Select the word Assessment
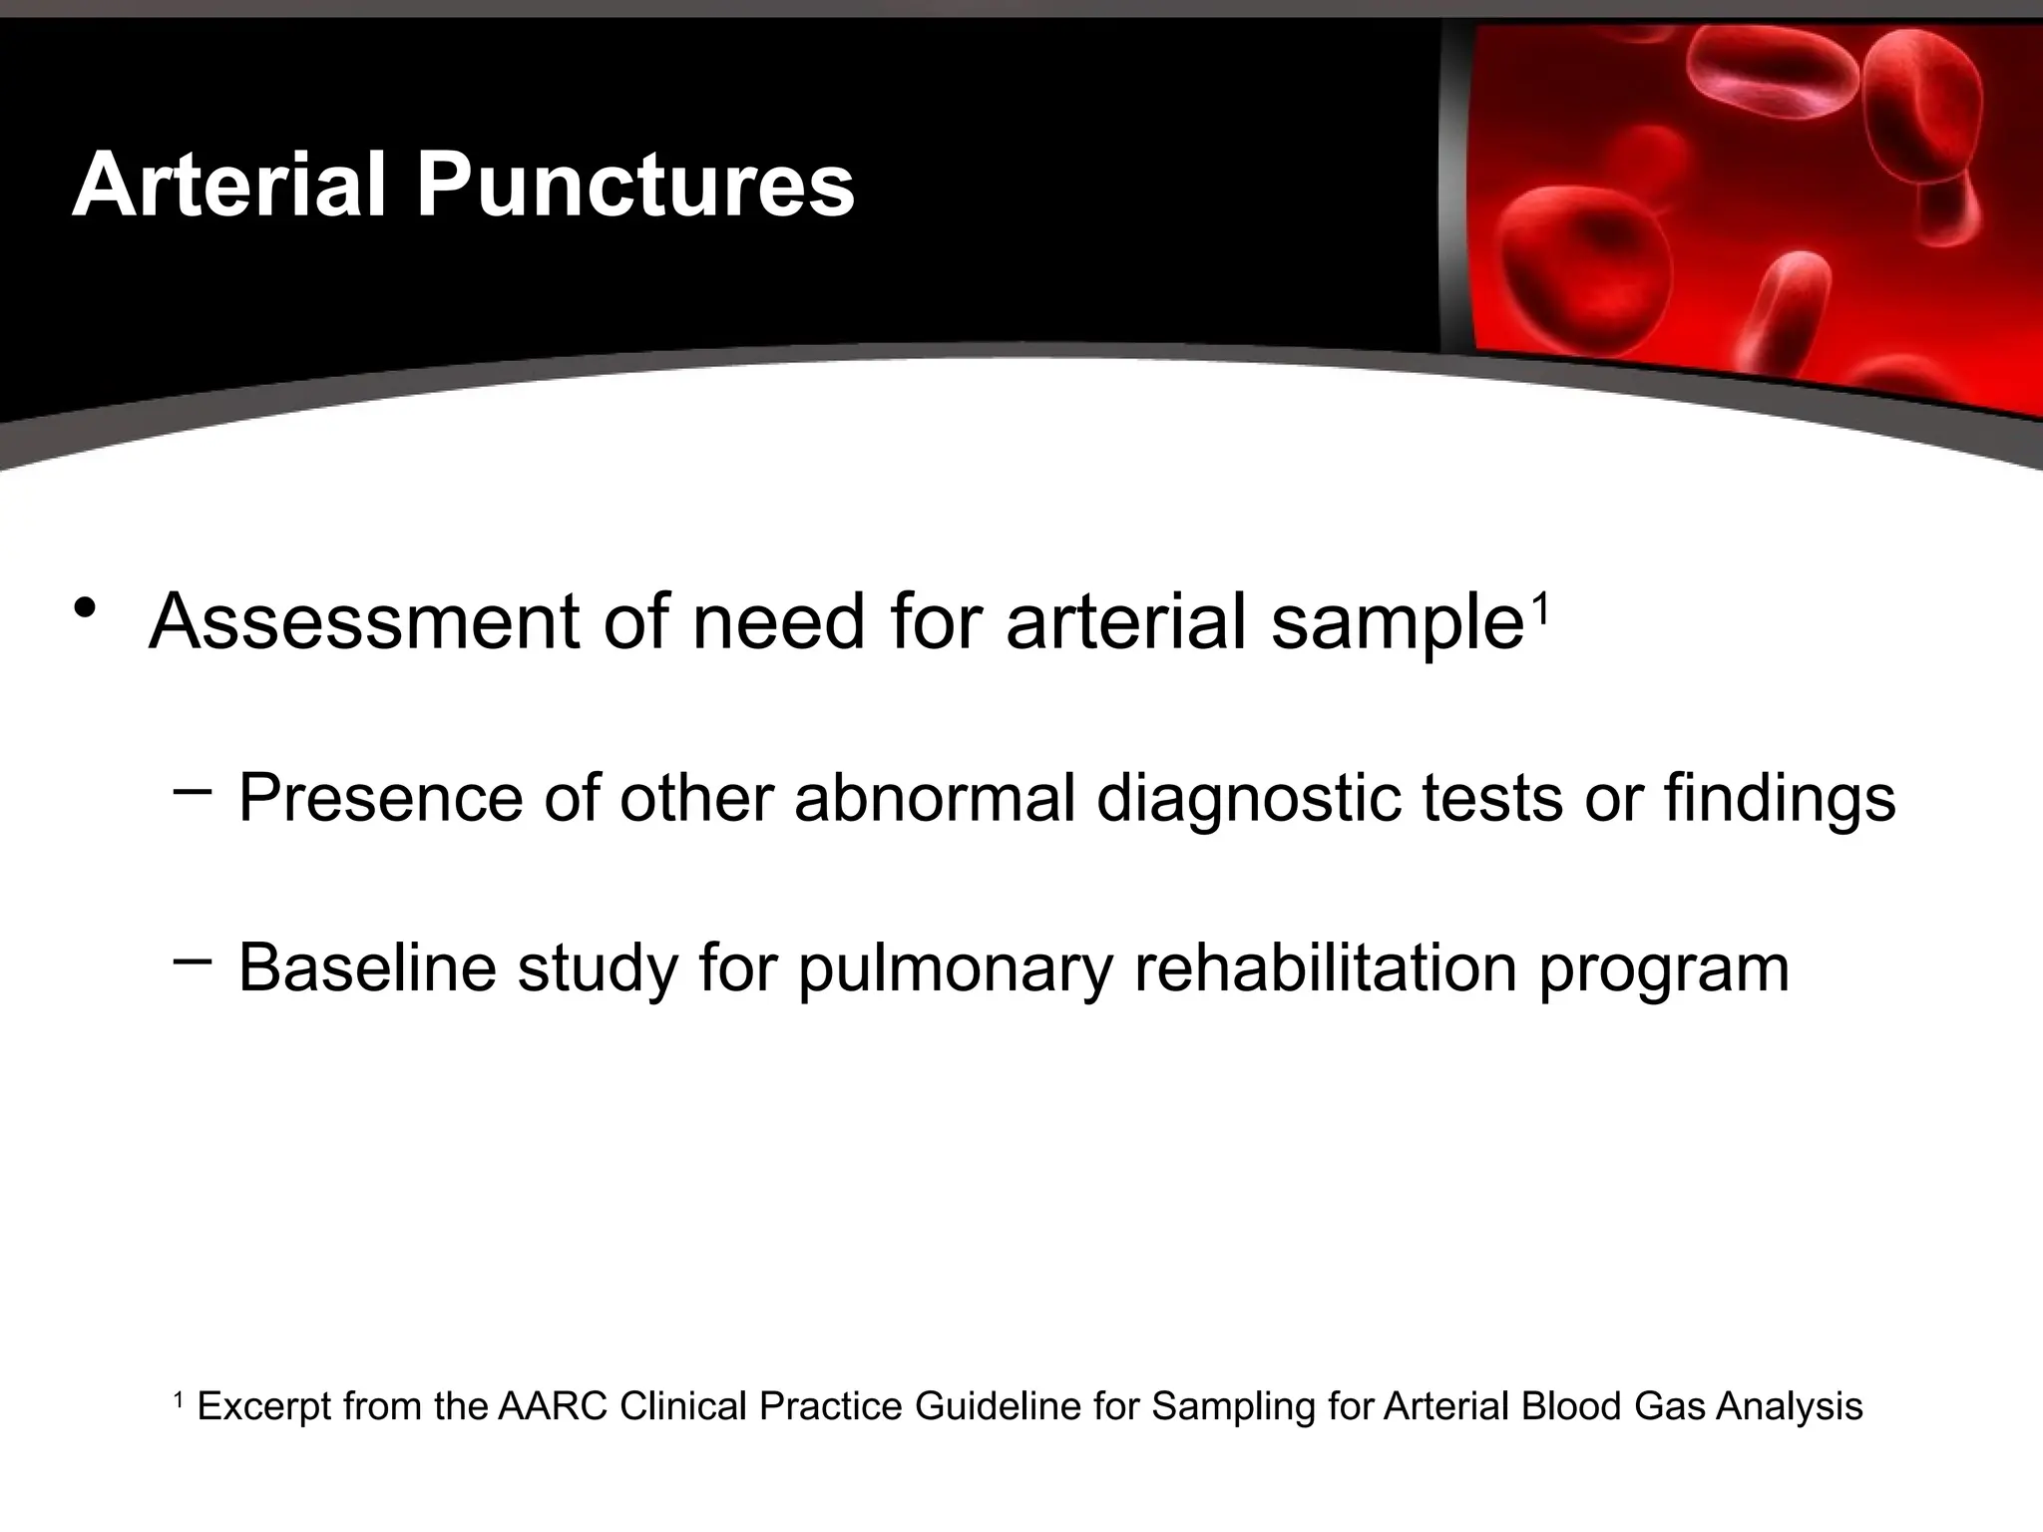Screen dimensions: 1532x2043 (364, 622)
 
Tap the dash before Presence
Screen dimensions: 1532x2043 (192, 792)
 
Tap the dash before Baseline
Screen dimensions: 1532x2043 (192, 961)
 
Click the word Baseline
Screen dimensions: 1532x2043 (366, 967)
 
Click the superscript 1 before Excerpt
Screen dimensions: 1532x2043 (179, 1400)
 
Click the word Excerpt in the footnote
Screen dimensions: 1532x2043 (264, 1407)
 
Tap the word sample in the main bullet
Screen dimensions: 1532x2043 (1398, 624)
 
